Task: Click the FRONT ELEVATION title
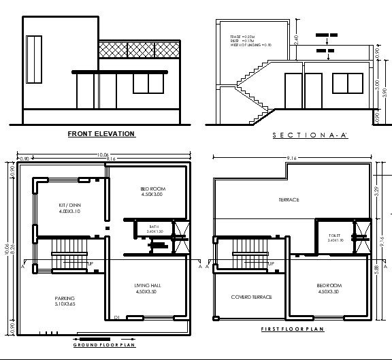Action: point(101,134)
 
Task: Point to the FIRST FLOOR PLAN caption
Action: point(292,329)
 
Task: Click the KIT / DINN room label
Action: point(69,208)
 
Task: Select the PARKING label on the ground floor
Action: point(65,301)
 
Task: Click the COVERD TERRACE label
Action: point(251,297)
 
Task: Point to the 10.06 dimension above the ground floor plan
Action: point(103,154)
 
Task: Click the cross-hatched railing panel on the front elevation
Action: point(140,50)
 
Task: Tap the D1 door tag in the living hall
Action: point(116,318)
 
